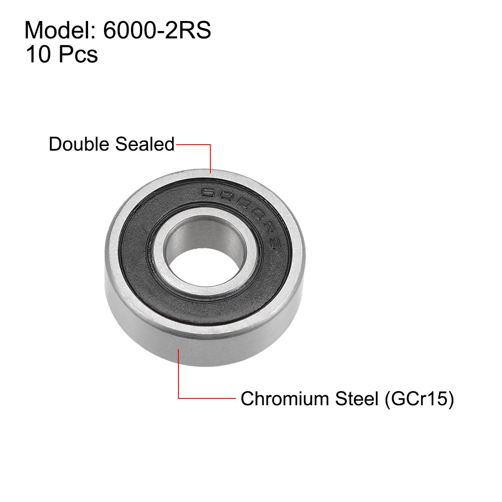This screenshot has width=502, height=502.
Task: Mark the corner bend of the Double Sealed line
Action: click(x=210, y=145)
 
